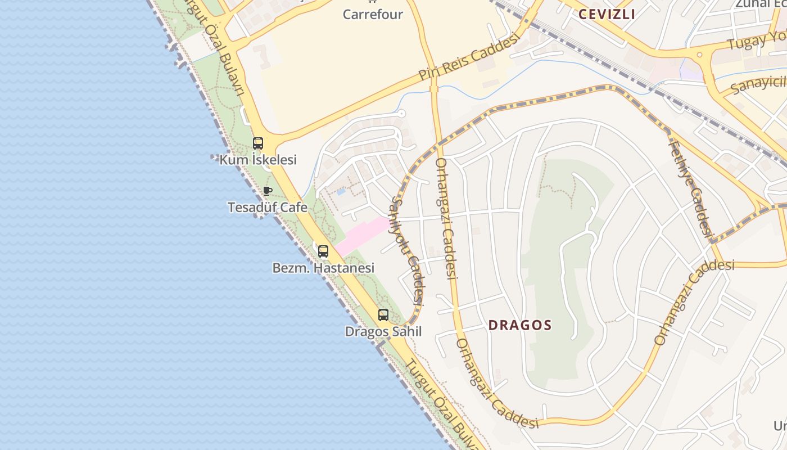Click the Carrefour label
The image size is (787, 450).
click(x=373, y=14)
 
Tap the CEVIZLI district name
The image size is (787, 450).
click(x=607, y=15)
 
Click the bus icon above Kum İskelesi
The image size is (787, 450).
click(x=258, y=143)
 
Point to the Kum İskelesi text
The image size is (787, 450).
click(x=258, y=160)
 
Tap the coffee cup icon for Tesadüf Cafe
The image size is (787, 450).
click(x=268, y=191)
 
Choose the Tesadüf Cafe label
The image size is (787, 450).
click(x=268, y=207)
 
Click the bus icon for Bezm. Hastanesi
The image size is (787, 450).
click(x=323, y=251)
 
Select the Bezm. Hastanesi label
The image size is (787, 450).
click(x=323, y=268)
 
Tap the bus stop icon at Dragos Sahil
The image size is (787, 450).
click(x=383, y=315)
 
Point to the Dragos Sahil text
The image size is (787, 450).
click(x=383, y=331)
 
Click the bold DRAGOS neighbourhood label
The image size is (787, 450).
click(x=520, y=325)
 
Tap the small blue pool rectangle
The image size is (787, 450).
click(x=341, y=191)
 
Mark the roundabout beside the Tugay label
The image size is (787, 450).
click(x=700, y=55)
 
